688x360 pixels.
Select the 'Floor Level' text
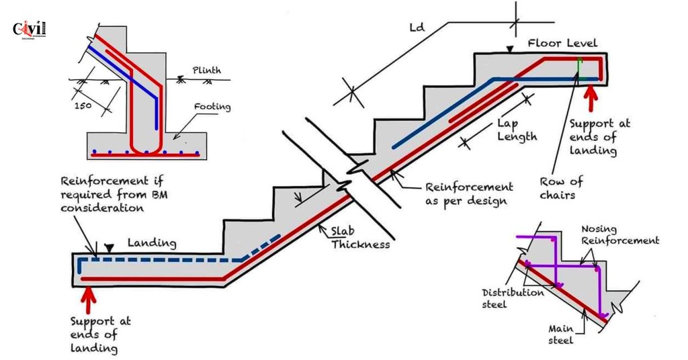click(x=562, y=43)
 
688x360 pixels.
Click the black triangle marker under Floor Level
click(x=511, y=49)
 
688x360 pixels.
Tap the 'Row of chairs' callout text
click(x=562, y=187)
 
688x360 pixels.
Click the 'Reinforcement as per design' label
click(x=469, y=193)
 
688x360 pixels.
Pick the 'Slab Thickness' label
click(x=359, y=238)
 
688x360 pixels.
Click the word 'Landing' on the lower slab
click(x=151, y=242)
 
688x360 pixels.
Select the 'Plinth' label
click(x=206, y=70)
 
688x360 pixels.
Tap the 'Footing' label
click(x=212, y=106)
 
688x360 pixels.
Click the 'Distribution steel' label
click(x=513, y=298)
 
